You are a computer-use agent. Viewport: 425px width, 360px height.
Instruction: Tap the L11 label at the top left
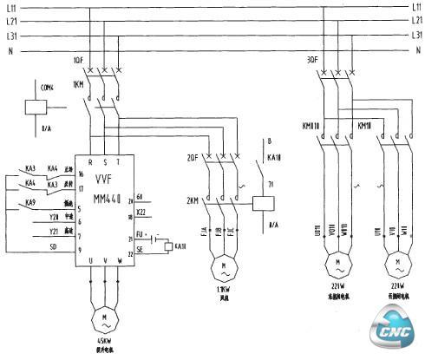coord(10,7)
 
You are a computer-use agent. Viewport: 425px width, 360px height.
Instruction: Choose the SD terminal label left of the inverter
coord(54,246)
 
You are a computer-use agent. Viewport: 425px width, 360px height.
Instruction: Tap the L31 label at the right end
coord(415,36)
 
